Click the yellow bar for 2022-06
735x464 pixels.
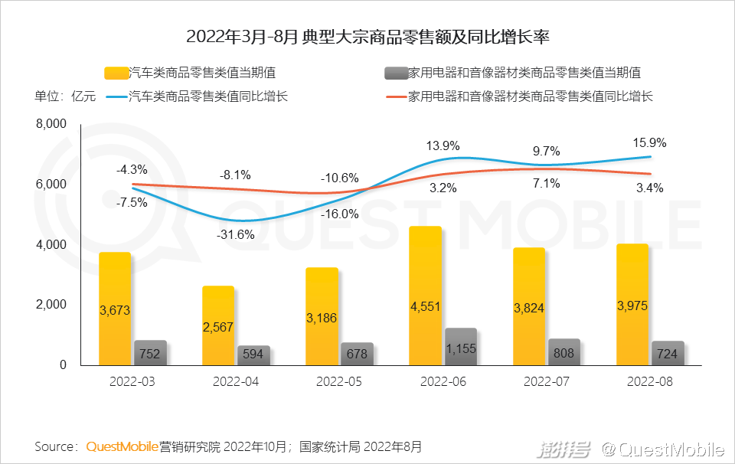coord(426,296)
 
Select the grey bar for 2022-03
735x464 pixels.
coord(150,353)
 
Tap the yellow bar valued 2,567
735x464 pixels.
coord(218,325)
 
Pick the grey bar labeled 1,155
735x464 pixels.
coord(460,347)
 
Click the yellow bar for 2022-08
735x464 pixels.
coord(632,305)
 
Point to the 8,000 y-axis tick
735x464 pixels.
coord(51,124)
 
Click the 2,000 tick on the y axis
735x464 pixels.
coord(51,305)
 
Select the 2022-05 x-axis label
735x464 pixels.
coord(339,381)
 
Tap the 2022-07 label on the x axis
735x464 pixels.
coord(546,381)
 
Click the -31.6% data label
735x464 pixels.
coord(237,234)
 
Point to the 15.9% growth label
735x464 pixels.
coord(649,142)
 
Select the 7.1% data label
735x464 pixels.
coord(547,183)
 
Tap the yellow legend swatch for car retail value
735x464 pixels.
coord(116,74)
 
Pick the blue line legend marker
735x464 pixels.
coord(116,97)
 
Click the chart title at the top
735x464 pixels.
coord(367,36)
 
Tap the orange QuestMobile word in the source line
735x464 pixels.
coord(122,446)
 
